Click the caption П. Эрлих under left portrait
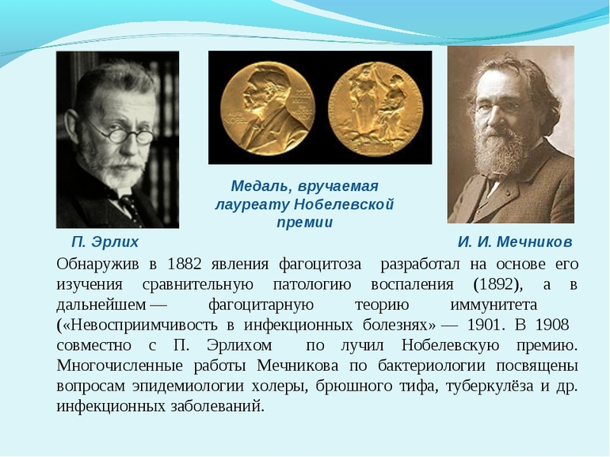point(105,242)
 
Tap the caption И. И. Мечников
point(514,242)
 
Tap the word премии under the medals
point(304,223)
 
